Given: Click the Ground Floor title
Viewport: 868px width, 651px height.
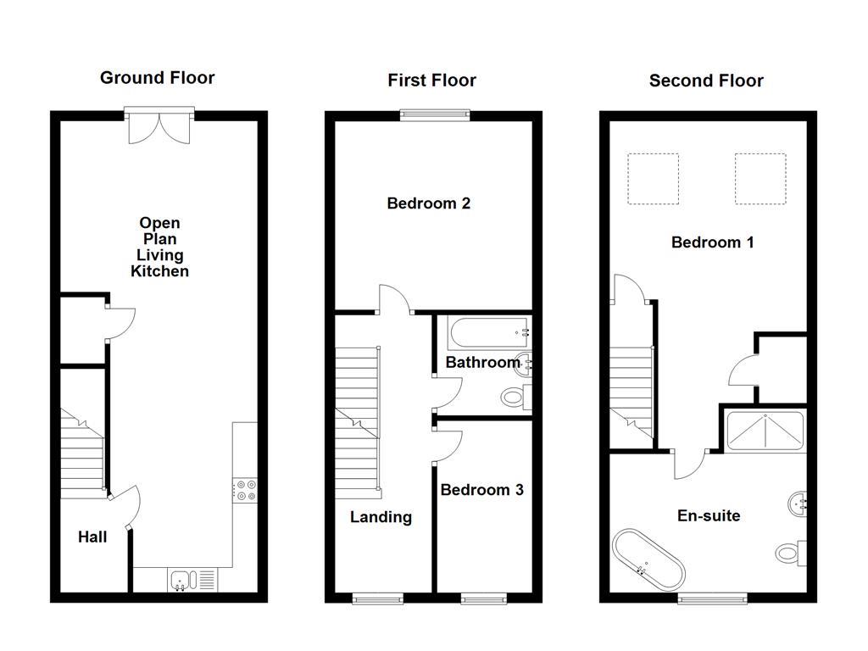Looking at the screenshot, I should tap(157, 78).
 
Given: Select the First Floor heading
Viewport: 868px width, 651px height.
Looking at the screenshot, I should tap(431, 81).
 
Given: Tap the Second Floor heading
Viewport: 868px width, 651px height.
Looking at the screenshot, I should tap(706, 81).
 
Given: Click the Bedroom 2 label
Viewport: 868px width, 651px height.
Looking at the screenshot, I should tap(428, 203).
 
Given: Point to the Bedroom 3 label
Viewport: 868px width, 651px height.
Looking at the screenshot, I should tap(481, 490).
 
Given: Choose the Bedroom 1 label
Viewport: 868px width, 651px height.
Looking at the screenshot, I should tap(712, 242).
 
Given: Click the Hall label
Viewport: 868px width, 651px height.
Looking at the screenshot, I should tap(92, 537).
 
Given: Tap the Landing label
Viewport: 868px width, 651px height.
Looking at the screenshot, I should tap(381, 517).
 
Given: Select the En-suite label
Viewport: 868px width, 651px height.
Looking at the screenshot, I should tap(709, 515).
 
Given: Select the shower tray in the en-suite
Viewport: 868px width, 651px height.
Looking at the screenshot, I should tap(766, 431).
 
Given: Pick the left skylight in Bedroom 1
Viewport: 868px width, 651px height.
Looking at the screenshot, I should tap(653, 179).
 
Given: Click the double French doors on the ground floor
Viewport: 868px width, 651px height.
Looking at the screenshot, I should tap(159, 125).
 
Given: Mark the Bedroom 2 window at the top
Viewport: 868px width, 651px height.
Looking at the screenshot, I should tap(435, 116).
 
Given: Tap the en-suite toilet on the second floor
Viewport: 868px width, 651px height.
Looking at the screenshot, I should tap(790, 554).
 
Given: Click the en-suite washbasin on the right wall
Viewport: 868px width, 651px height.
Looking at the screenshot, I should tap(797, 502).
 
